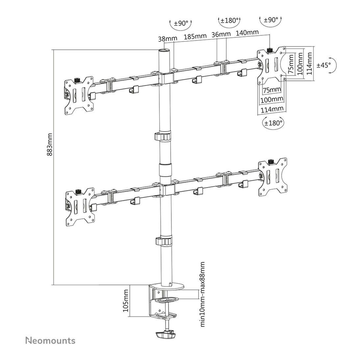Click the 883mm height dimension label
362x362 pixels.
click(50, 144)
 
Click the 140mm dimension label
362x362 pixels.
click(247, 33)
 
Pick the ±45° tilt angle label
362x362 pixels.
click(323, 65)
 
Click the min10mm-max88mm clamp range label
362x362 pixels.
click(202, 294)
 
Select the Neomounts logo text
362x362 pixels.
click(50, 341)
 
